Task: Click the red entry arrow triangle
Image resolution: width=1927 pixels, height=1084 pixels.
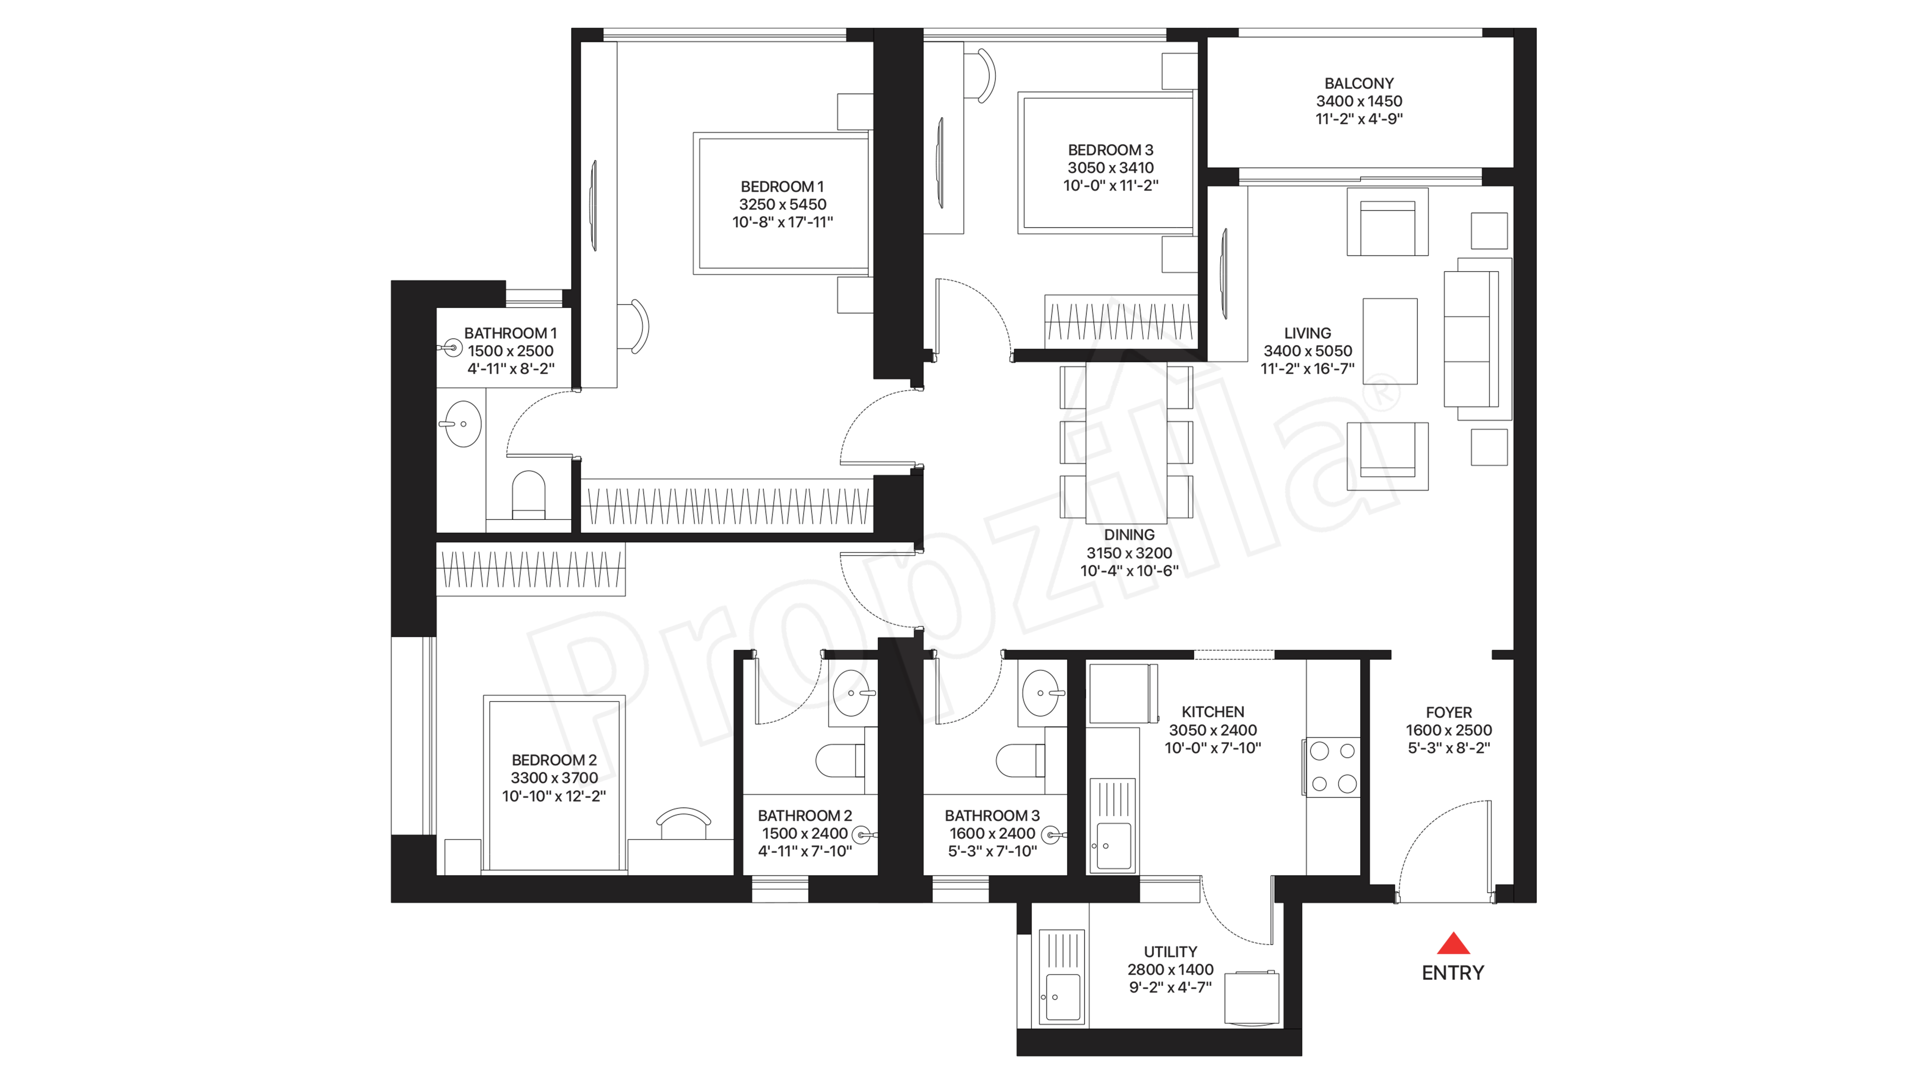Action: click(1453, 944)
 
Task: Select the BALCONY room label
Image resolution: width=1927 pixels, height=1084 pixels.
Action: click(1359, 83)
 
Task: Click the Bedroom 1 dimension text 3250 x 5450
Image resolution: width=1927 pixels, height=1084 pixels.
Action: click(782, 204)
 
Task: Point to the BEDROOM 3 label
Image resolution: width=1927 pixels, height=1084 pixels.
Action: click(1111, 150)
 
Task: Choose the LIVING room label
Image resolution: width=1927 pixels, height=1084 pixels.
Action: click(1308, 333)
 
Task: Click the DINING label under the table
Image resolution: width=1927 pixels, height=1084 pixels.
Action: click(1129, 535)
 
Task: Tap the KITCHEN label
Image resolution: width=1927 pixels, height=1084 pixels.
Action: click(1213, 712)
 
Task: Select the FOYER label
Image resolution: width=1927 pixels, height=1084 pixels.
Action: click(1449, 712)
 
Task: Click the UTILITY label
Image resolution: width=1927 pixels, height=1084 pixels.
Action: click(1171, 952)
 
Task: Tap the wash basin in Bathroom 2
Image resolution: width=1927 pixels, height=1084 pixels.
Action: click(852, 693)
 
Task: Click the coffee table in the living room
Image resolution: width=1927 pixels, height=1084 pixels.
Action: click(1390, 341)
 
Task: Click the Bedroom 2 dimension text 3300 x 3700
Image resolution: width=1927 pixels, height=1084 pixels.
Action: click(554, 778)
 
